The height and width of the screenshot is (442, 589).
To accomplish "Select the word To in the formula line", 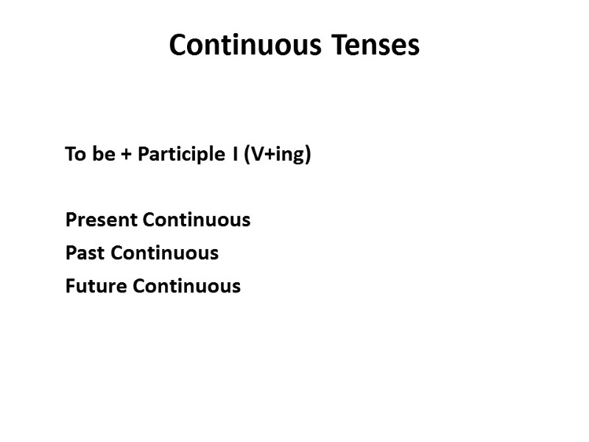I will [74, 155].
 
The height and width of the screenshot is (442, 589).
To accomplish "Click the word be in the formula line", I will [102, 155].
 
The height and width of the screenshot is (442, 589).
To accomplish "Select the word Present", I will [102, 220].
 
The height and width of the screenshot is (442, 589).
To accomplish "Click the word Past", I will [85, 253].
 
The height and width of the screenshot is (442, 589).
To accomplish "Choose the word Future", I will [96, 286].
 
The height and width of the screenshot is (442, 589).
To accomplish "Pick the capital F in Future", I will [70, 286].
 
